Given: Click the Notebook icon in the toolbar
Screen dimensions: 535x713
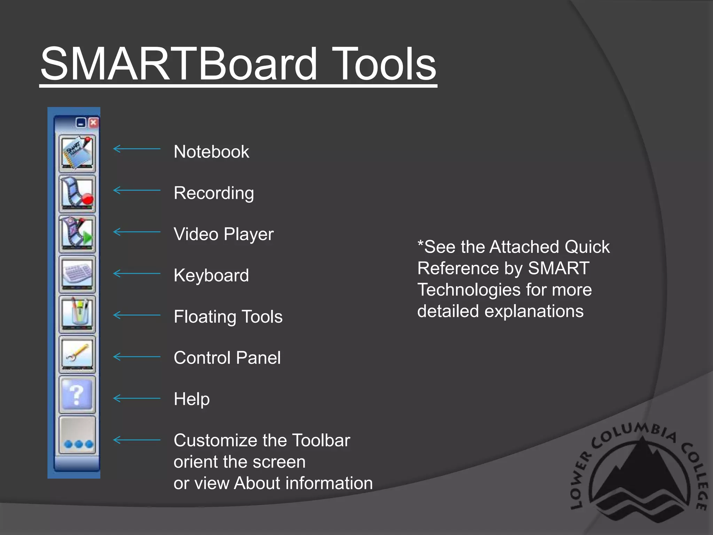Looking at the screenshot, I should (77, 154).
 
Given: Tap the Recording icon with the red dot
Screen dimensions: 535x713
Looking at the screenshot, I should (77, 194).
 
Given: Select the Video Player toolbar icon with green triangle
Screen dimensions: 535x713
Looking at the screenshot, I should (77, 234).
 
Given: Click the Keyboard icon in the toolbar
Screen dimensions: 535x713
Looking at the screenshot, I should (77, 274).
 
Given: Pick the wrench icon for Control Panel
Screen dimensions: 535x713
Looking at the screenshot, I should (77, 355).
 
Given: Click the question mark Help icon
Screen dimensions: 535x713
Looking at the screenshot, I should (77, 395).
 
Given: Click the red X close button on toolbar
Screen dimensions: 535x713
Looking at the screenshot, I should (93, 123).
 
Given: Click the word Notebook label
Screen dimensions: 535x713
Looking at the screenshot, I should (211, 152).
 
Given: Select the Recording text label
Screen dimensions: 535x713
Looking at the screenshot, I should (214, 193).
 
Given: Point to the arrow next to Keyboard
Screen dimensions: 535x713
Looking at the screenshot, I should (137, 273).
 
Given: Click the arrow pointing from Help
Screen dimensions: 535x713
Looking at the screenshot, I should (137, 398).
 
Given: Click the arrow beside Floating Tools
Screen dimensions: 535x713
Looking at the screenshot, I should (137, 315).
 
